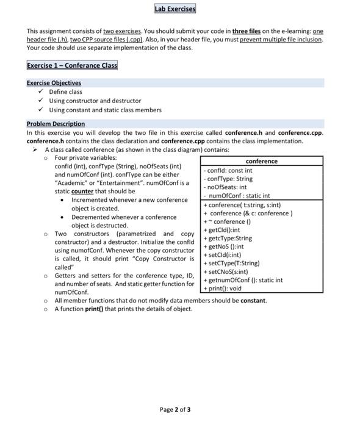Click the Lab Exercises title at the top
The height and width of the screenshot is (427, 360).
coord(175,9)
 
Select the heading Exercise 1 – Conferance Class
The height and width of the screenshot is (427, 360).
coord(72,65)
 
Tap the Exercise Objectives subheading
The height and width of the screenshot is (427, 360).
coord(54,83)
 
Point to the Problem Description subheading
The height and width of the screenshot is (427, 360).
coord(56,124)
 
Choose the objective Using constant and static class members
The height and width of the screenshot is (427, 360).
coord(105,110)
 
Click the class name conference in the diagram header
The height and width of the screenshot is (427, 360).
coord(261,161)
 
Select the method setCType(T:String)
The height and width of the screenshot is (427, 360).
coord(234,264)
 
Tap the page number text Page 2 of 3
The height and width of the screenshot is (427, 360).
coord(175,409)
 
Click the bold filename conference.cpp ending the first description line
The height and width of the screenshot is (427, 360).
coord(300,132)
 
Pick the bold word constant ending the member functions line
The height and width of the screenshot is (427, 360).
coord(253,300)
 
